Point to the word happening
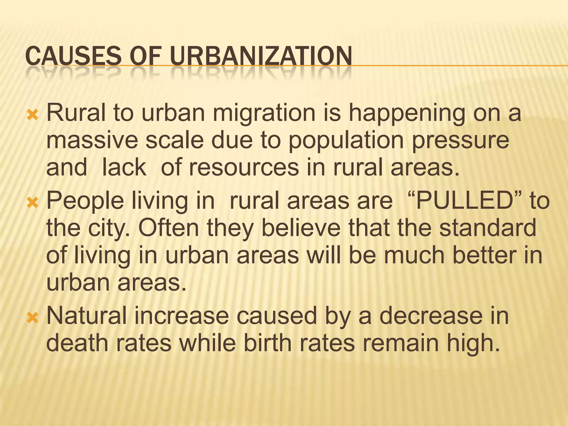[407, 113]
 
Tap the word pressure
[460, 141]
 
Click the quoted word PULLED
[465, 200]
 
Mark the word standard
[488, 228]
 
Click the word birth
[268, 343]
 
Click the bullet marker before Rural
[32, 114]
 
